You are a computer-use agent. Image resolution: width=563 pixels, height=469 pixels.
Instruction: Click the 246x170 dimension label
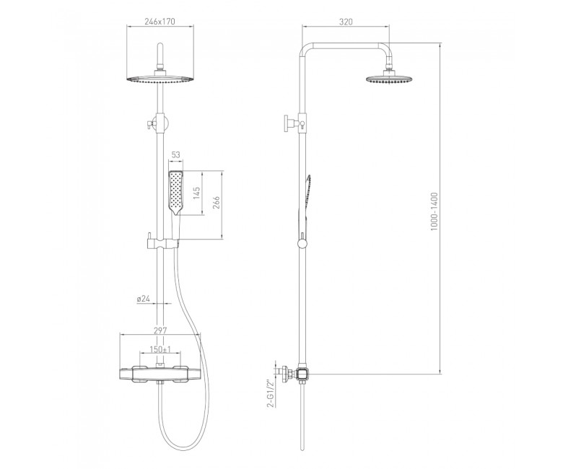pos(160,21)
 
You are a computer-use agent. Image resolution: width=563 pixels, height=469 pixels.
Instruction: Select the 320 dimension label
pos(346,22)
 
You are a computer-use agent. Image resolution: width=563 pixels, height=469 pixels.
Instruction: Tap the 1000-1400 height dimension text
pos(435,211)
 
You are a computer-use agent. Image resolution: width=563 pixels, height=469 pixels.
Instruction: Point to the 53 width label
pos(176,154)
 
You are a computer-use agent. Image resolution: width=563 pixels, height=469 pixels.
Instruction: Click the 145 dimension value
pos(197,193)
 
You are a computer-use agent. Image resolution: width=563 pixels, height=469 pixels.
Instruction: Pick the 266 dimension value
pos(217,203)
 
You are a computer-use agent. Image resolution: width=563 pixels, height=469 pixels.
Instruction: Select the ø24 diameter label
pos(143,298)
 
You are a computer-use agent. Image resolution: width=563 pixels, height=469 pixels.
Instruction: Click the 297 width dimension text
pos(160,330)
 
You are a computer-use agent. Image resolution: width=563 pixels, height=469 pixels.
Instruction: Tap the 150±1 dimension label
pos(160,349)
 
